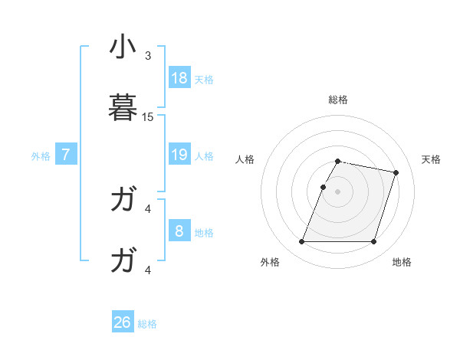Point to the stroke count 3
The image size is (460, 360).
148,56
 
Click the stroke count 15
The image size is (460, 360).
148,117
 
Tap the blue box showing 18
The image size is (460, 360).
179,78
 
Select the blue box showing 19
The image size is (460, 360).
179,155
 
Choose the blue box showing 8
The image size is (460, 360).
179,231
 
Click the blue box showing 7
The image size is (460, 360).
66,155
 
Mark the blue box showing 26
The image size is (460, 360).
123,322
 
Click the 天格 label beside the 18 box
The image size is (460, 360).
204,80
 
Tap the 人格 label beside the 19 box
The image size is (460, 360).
204,156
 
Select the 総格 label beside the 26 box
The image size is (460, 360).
147,324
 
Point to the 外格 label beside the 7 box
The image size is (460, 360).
41,156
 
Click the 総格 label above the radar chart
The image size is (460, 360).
338,100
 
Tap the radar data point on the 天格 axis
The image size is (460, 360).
396,173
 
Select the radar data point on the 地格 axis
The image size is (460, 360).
373,242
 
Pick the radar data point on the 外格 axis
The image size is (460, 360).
302,242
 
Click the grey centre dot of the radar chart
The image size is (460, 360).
338,191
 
